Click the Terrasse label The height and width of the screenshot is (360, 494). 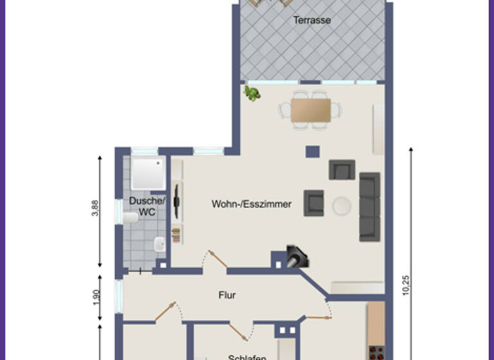pos(312,20)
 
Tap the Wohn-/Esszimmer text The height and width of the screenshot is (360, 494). pos(252,204)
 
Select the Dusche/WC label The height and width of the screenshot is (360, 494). pos(147,206)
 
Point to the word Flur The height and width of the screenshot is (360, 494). pos(226,296)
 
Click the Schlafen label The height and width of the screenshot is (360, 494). pos(247,357)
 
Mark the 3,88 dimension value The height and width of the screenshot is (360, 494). pos(95,210)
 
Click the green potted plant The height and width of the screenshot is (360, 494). pos(252,94)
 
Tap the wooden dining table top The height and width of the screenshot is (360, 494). pos(311,110)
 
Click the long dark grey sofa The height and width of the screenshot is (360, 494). pos(369,206)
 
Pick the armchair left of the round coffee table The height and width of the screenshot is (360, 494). pos(315,203)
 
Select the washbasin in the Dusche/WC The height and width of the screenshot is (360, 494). pos(159,244)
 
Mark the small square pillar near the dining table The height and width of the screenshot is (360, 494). pos(312,152)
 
